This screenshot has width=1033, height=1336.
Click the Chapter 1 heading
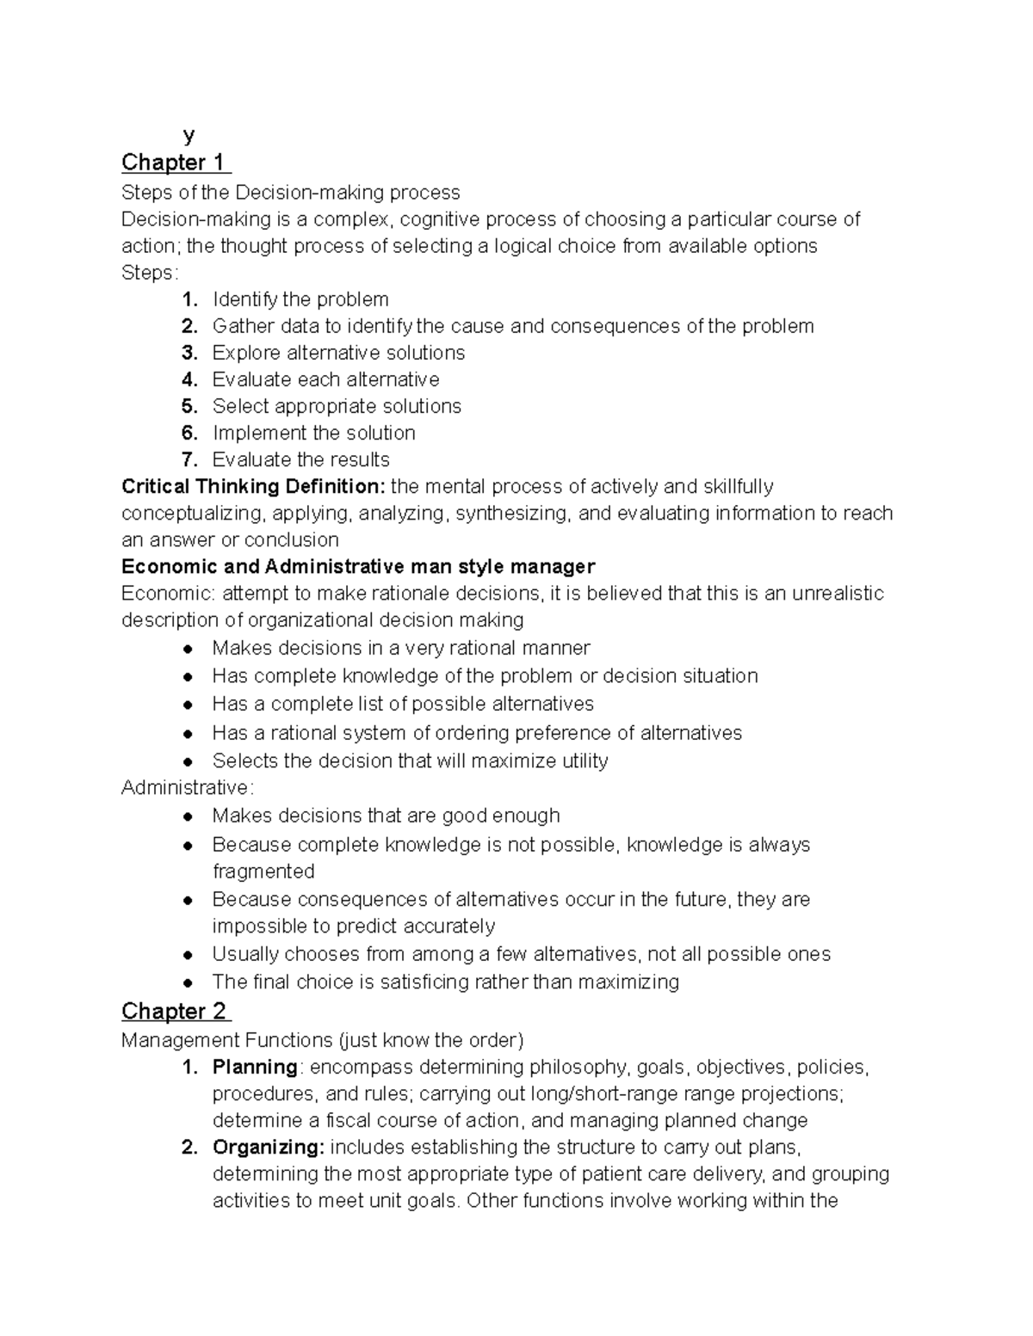pos(175,163)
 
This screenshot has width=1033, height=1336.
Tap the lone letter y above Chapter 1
pos(189,135)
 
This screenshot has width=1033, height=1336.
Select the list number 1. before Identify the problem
pos(190,299)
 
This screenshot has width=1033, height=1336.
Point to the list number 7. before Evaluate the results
pos(190,459)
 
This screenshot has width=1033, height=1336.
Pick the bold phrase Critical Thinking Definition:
pos(254,487)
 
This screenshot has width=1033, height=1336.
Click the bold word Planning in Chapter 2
pos(255,1068)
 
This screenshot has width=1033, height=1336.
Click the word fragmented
pos(263,871)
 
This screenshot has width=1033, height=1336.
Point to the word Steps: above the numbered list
pos(150,273)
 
